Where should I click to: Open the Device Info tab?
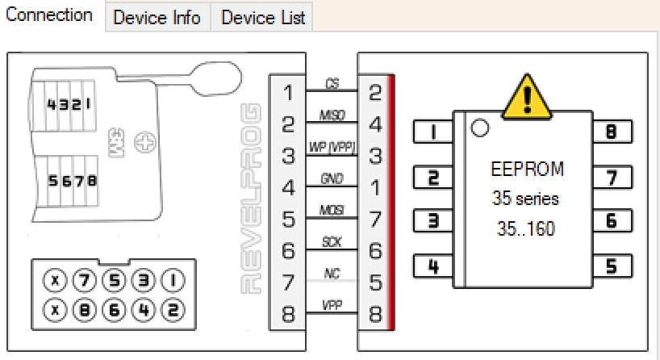tap(157, 18)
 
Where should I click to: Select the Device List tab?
tap(263, 18)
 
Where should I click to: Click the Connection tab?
tap(49, 15)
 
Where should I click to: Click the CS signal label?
tap(332, 84)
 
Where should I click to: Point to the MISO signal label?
tap(332, 115)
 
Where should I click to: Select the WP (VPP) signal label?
tap(332, 147)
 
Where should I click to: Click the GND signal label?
tap(332, 178)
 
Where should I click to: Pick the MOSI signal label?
tap(332, 210)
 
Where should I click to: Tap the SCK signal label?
tap(332, 241)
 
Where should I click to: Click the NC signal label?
tap(332, 274)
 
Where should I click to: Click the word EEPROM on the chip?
tap(527, 170)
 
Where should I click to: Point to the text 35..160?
tap(526, 229)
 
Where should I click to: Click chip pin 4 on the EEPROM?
tap(433, 266)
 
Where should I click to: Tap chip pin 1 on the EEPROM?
tap(433, 132)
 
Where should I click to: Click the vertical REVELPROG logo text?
tap(252, 198)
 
